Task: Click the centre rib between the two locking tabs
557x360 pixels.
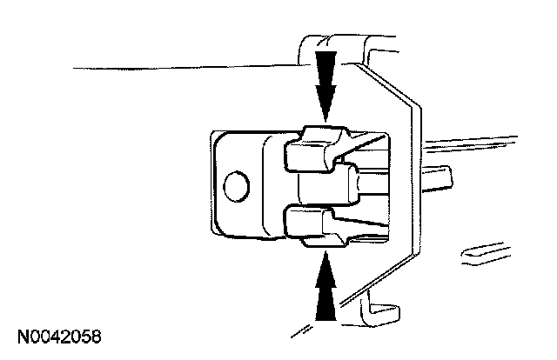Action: click(326, 184)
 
